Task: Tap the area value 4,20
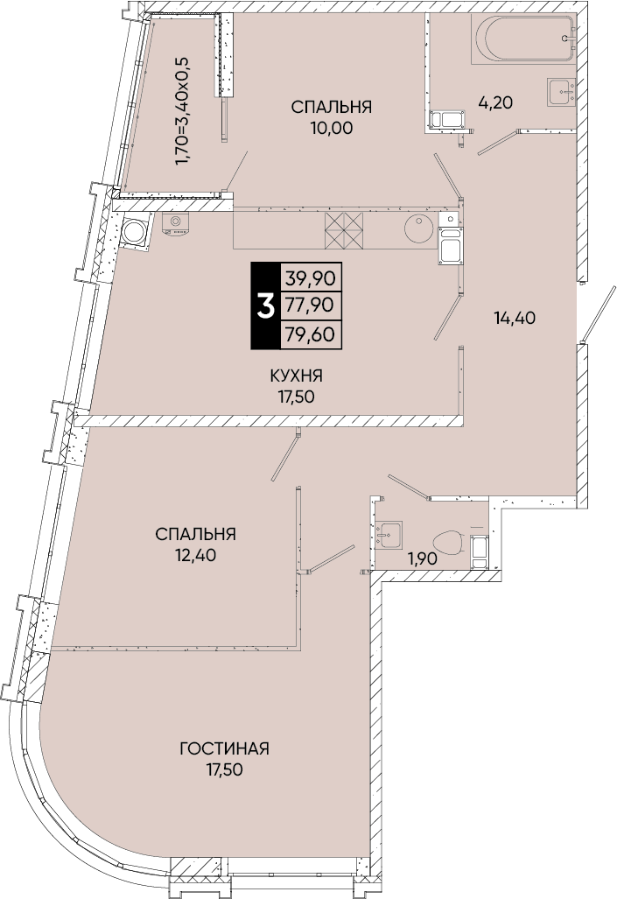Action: pos(495,102)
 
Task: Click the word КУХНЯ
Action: pos(296,376)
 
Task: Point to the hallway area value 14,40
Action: pos(515,318)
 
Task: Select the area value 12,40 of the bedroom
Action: pos(196,554)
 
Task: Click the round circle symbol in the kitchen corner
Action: pos(135,232)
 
